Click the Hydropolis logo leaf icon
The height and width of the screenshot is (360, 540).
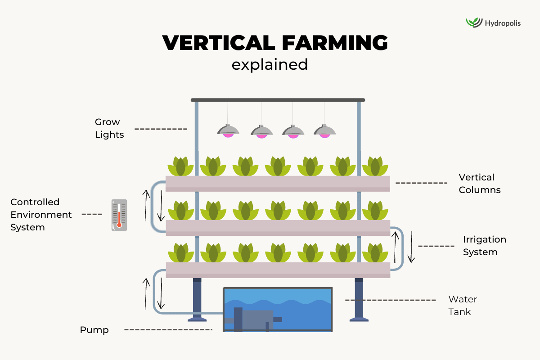(474, 22)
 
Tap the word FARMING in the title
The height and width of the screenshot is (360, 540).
(333, 43)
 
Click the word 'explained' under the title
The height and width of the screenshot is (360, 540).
(270, 64)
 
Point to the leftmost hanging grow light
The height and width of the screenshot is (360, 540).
(229, 130)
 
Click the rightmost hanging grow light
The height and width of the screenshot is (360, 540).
(325, 130)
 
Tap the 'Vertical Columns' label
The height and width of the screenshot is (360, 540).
(479, 184)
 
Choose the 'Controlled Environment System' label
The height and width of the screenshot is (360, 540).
(41, 215)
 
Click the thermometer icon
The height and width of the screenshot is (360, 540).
(119, 215)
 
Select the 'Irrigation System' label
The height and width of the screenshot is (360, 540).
(484, 246)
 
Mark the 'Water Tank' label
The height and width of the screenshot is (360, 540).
(462, 305)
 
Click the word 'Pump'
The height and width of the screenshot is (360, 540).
(94, 330)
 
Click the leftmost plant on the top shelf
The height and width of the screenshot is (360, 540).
(181, 166)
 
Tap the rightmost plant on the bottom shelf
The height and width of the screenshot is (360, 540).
(375, 253)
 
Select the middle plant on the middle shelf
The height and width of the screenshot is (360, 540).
(278, 210)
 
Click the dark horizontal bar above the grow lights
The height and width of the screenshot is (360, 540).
(278, 100)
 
